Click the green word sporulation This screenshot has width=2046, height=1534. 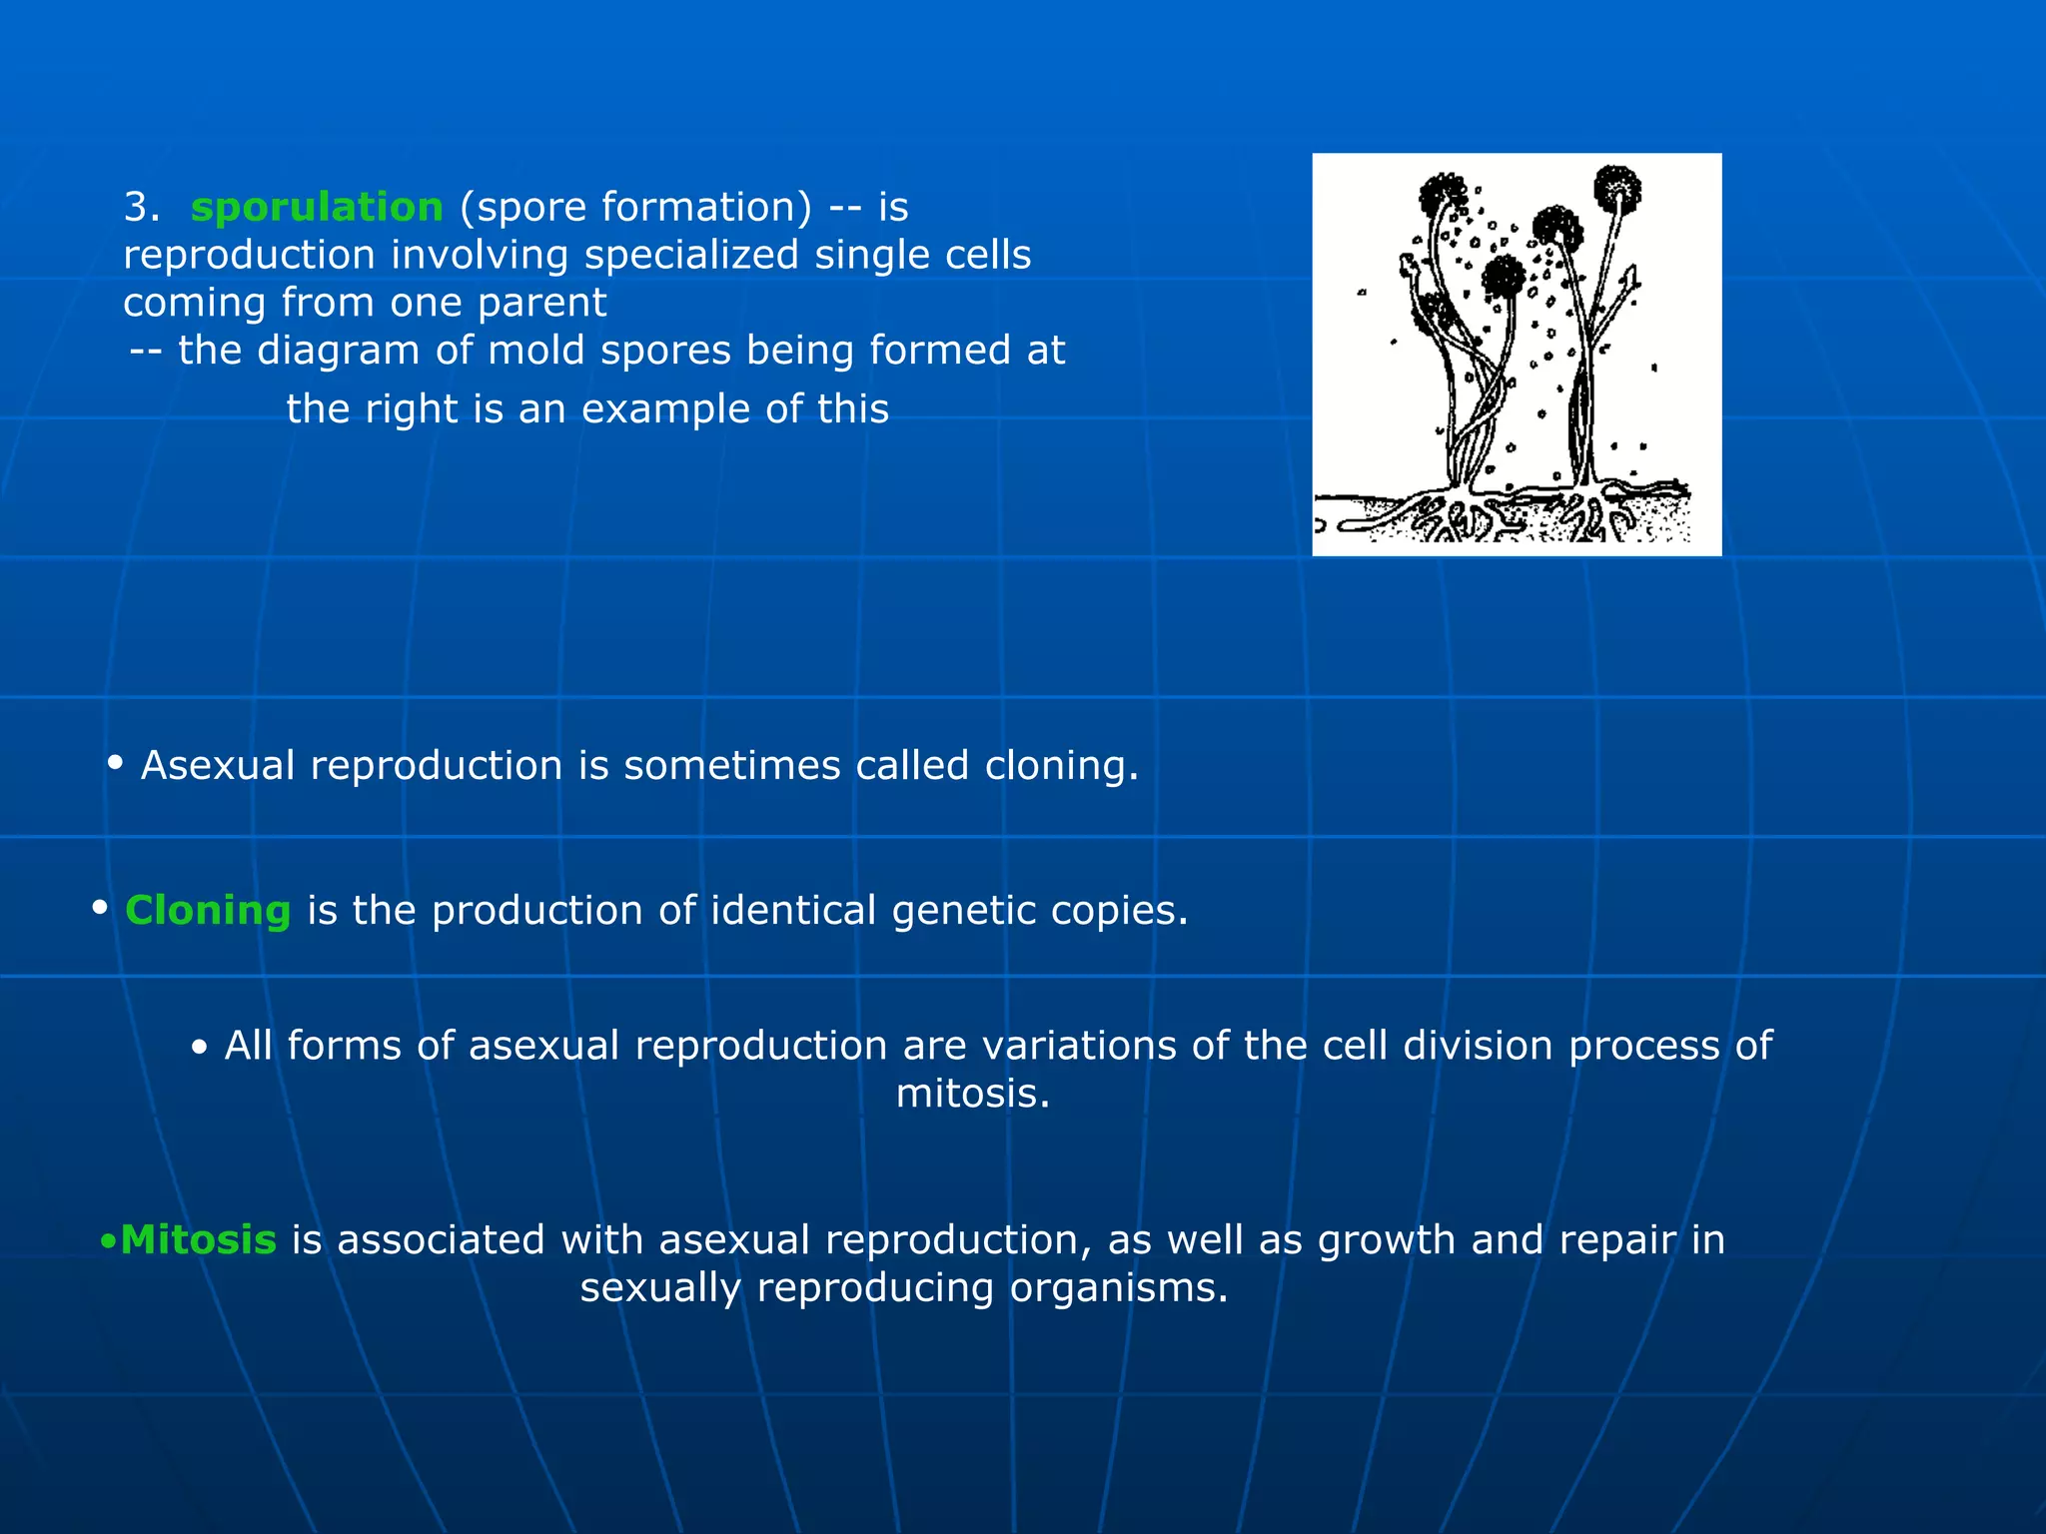(x=317, y=208)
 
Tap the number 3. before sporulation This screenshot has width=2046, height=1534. (x=141, y=208)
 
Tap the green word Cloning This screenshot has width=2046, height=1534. (x=208, y=911)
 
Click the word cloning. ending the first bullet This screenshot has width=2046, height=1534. (x=1062, y=766)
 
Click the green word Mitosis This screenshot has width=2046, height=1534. (x=198, y=1240)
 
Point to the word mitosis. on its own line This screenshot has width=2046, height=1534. (x=973, y=1094)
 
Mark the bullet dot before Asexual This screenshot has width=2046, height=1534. (x=115, y=764)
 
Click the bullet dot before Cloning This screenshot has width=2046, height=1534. (x=100, y=909)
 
